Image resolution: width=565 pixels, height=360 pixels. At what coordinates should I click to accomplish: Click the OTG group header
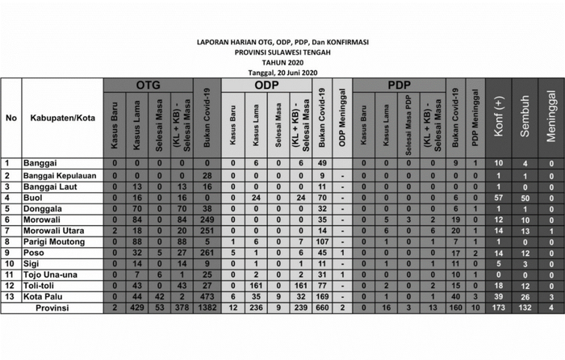(x=149, y=85)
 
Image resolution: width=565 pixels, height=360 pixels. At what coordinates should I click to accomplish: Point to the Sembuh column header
(x=525, y=118)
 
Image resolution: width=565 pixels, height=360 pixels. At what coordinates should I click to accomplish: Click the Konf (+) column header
(x=499, y=118)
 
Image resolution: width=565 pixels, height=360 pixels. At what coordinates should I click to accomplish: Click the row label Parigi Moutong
(x=52, y=241)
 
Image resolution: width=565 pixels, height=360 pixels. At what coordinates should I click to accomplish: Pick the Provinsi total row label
(x=49, y=307)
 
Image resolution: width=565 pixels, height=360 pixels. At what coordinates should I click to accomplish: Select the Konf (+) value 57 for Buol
(x=499, y=197)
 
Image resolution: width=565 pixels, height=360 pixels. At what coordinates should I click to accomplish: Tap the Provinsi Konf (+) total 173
(x=499, y=307)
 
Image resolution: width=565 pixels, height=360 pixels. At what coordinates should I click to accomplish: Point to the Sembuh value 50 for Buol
(x=525, y=197)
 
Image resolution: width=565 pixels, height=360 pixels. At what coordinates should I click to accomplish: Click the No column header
(x=11, y=118)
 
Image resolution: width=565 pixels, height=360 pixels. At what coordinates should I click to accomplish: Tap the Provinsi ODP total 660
(x=321, y=307)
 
